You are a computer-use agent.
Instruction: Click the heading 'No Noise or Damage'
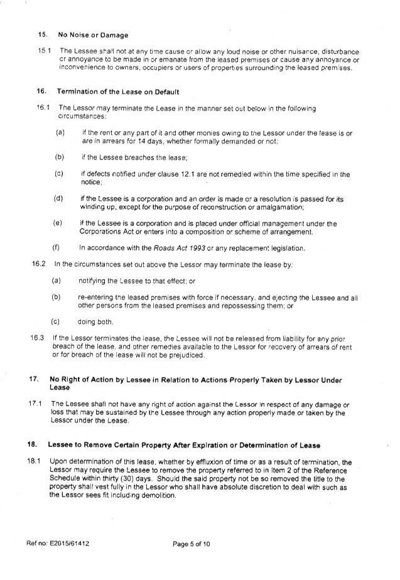(93, 35)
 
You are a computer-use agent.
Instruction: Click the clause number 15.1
(44, 51)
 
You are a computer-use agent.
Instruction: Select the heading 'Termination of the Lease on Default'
(117, 92)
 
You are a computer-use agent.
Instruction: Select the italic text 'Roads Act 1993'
(179, 248)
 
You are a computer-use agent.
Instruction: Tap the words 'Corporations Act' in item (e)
(102, 232)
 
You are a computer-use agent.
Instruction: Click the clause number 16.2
(39, 264)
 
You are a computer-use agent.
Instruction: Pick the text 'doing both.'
(95, 322)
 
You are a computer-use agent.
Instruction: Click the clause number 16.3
(38, 338)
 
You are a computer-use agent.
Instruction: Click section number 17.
(34, 380)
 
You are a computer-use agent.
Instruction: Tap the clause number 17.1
(35, 404)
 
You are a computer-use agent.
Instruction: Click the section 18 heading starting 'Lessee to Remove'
(184, 446)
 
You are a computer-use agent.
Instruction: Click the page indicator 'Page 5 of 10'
(192, 544)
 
